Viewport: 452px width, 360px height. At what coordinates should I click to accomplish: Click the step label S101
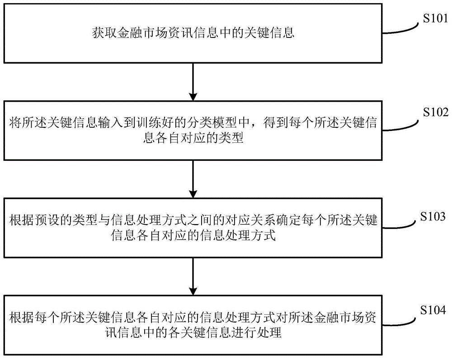coord(435,19)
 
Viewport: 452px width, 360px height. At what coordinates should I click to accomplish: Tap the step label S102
coord(436,112)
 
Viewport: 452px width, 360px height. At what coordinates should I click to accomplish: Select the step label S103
coord(433,216)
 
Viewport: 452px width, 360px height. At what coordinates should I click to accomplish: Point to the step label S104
coord(433,310)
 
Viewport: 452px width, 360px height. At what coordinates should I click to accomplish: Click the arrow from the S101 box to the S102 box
coord(193,82)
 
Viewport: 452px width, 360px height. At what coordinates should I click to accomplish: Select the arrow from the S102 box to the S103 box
coord(193,179)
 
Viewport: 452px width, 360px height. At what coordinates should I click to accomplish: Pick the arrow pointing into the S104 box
coord(193,276)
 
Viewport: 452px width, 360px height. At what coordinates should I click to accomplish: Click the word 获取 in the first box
coord(105,33)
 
